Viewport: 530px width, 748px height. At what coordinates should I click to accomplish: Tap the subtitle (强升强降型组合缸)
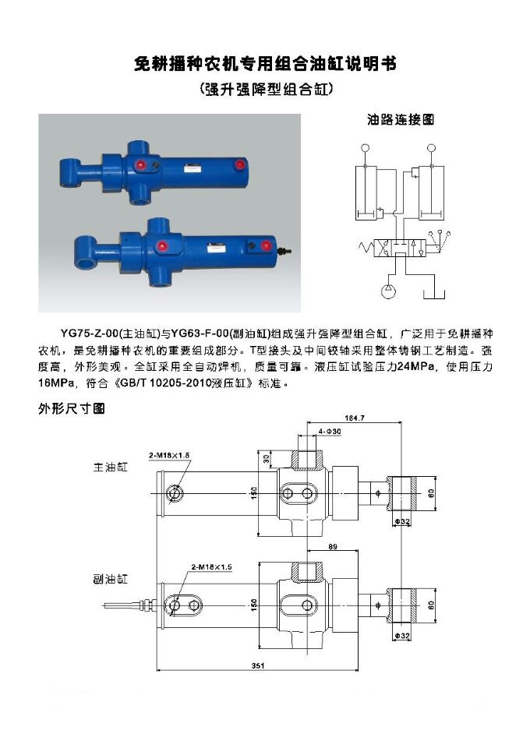(265, 89)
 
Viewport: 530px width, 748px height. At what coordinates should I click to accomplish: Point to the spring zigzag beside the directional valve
(367, 248)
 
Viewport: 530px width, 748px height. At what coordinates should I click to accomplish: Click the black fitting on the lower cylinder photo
(285, 251)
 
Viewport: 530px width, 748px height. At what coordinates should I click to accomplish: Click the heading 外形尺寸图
(71, 408)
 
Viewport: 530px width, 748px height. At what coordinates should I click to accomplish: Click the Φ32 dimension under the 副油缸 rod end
(402, 636)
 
